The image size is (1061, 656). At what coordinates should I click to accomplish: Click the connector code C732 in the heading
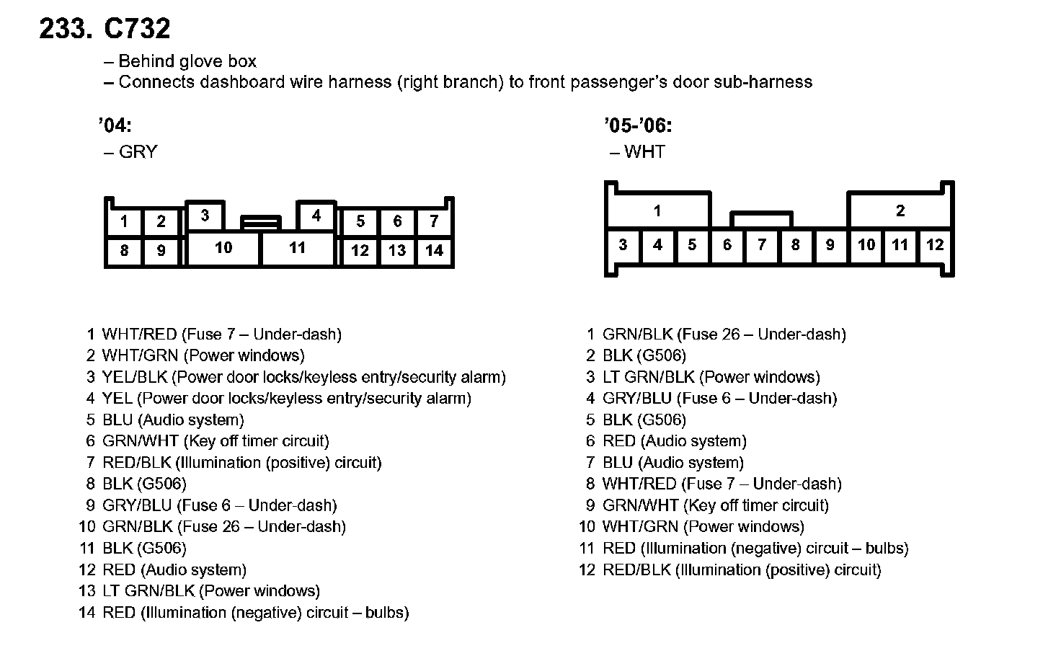137,29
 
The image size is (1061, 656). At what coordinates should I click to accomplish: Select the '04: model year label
115,126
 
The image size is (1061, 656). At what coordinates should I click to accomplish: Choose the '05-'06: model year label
639,126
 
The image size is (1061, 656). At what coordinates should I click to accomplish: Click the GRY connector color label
138,152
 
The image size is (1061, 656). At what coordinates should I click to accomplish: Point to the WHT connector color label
645,152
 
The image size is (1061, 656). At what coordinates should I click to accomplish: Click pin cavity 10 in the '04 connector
223,248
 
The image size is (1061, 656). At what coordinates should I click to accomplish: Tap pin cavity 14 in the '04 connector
434,251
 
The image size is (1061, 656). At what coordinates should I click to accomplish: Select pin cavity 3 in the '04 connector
205,216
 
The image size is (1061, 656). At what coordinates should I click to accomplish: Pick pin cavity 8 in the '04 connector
125,251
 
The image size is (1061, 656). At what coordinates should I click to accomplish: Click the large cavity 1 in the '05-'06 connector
657,211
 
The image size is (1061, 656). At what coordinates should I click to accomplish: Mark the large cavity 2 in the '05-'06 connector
900,211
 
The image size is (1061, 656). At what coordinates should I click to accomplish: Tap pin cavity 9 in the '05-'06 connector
830,245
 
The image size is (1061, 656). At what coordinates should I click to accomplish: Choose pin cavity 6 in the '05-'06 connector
727,245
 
